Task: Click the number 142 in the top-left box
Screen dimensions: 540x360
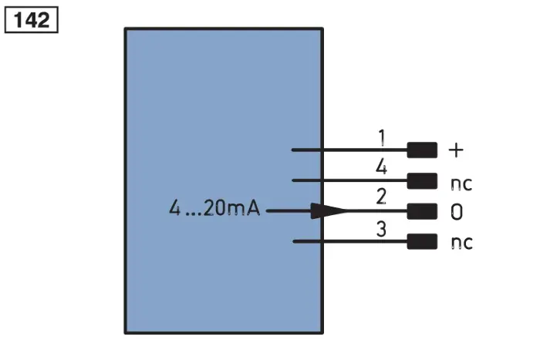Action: pyautogui.click(x=32, y=20)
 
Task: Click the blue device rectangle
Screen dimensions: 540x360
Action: pyautogui.click(x=224, y=180)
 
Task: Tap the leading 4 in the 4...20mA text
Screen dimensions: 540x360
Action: pyautogui.click(x=174, y=208)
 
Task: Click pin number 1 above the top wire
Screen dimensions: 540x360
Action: pyautogui.click(x=382, y=138)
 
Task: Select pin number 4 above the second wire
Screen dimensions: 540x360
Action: pyautogui.click(x=381, y=167)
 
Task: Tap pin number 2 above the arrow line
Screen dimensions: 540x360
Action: pyautogui.click(x=381, y=197)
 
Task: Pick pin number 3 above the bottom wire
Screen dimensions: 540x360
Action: pyautogui.click(x=381, y=228)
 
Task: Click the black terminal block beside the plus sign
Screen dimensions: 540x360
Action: pyautogui.click(x=422, y=150)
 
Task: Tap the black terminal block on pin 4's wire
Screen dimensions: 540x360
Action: pyautogui.click(x=422, y=180)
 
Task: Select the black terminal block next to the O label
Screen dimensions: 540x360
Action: pyautogui.click(x=422, y=211)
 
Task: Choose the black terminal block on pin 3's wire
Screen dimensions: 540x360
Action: pyautogui.click(x=422, y=241)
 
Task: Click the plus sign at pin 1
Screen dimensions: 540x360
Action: pyautogui.click(x=457, y=150)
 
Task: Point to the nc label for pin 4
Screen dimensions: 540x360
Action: pyautogui.click(x=461, y=184)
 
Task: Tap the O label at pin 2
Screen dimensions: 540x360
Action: pyautogui.click(x=457, y=212)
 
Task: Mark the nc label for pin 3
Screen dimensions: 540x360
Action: pyautogui.click(x=462, y=243)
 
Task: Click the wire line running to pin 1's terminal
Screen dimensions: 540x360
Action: pyautogui.click(x=349, y=150)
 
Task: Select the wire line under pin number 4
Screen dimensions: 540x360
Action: pyautogui.click(x=349, y=180)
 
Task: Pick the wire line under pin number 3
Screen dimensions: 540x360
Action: pyautogui.click(x=350, y=241)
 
